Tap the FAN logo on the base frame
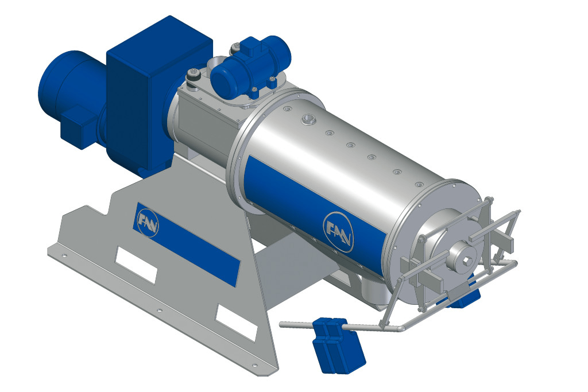click(x=149, y=221)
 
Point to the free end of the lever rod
click(x=282, y=324)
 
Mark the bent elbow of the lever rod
click(x=400, y=328)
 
